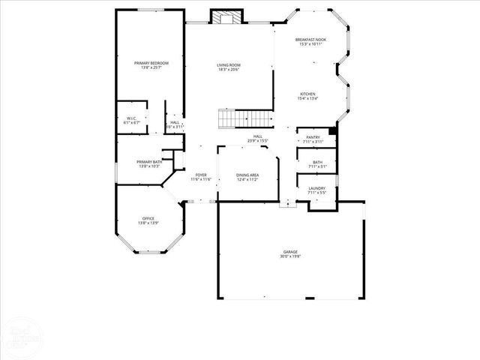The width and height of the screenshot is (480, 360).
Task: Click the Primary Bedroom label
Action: tap(151, 62)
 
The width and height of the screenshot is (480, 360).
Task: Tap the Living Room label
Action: tap(228, 65)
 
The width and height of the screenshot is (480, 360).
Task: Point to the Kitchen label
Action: tap(308, 94)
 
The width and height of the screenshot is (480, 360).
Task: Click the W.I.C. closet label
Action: tap(130, 118)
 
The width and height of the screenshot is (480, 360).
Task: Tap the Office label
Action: tap(148, 218)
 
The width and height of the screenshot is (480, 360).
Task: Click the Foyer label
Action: tap(202, 175)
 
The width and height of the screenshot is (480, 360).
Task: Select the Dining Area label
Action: tap(247, 175)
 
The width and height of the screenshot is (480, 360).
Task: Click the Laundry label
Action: tap(316, 189)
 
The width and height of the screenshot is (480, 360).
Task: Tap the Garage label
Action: tap(290, 251)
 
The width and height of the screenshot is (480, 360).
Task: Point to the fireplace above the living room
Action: tap(226, 17)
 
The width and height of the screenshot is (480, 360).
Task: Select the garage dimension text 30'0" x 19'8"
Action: tap(290, 256)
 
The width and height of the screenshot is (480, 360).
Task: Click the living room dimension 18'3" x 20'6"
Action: tap(228, 70)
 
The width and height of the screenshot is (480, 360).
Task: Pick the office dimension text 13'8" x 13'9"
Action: tap(148, 223)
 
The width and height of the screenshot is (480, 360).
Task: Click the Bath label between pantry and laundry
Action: tap(318, 162)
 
